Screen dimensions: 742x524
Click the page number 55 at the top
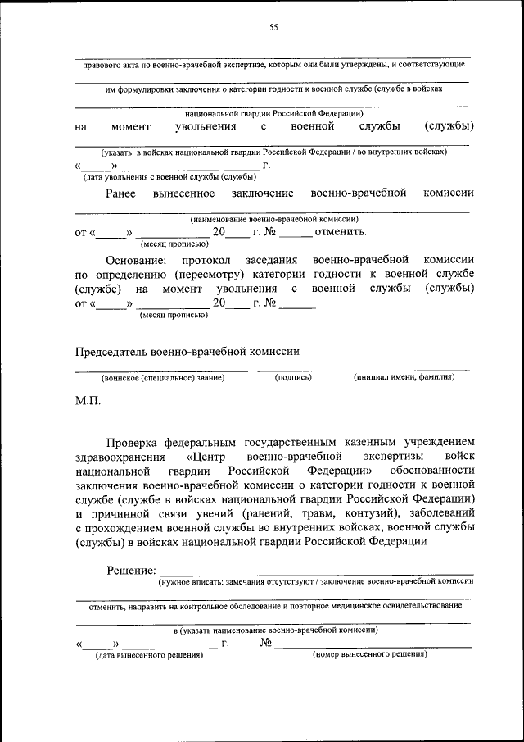coord(273,27)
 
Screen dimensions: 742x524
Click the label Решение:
coord(130,570)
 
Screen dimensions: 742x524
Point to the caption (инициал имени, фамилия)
coord(404,378)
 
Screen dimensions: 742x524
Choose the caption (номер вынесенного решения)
coord(370,655)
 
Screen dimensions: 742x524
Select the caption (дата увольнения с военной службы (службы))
coord(169,176)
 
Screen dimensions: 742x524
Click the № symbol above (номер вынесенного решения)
coord(265,643)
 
